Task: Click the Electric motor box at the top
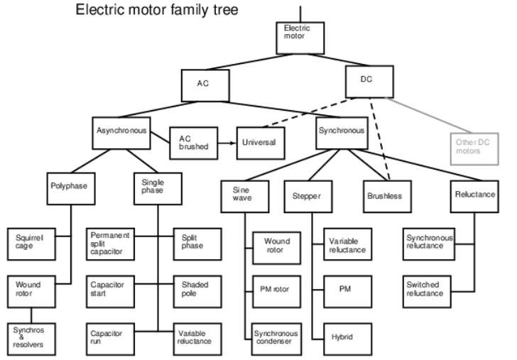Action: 300,38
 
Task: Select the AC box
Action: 205,85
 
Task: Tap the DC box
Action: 369,82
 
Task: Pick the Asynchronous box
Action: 121,133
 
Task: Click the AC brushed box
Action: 194,143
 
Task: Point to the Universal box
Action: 261,143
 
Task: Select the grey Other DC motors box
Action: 474,148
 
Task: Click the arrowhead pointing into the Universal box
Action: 234,143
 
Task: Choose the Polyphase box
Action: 71,189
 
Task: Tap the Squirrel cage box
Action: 31,244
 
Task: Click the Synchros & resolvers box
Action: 31,339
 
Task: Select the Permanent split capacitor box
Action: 111,244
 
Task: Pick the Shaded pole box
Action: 197,292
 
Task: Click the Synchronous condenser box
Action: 277,339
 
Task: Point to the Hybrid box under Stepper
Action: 348,339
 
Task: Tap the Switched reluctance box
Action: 427,292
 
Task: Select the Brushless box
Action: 387,197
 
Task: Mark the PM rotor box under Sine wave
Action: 277,292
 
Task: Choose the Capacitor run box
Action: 111,339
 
